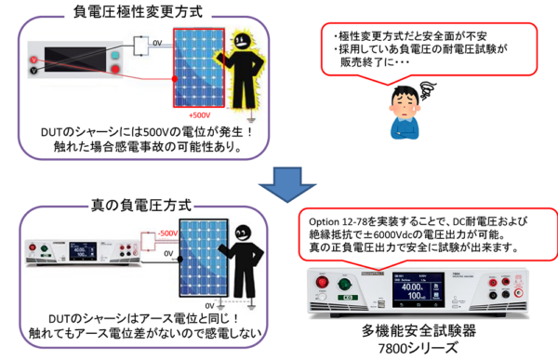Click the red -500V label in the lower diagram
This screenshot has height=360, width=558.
(167, 233)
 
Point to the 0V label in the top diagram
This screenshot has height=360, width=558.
(157, 42)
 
